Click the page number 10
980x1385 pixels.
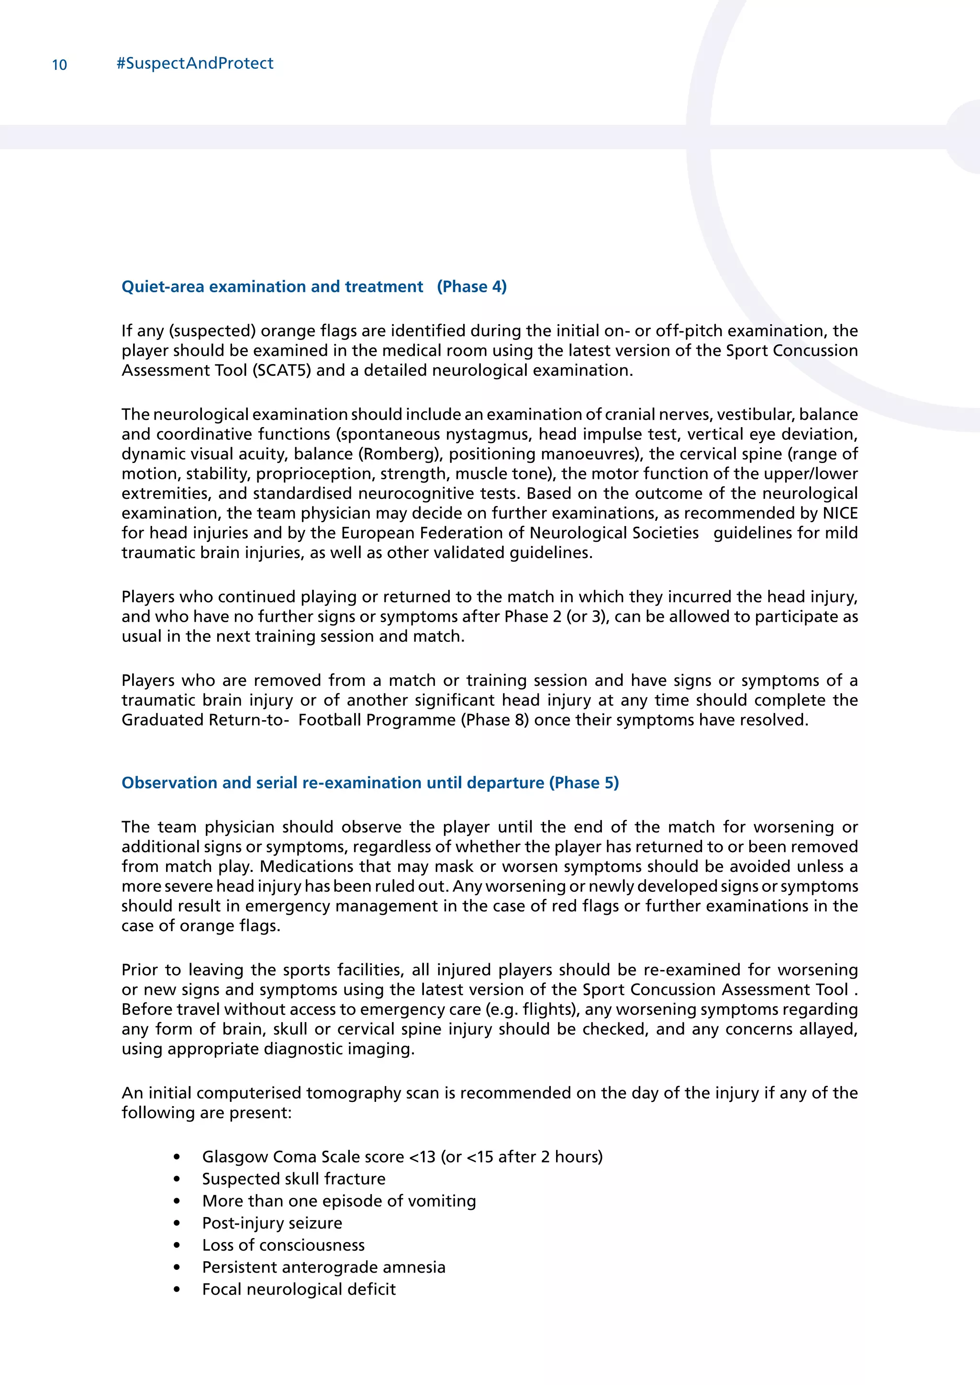pos(59,65)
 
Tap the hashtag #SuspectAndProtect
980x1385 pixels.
pos(194,63)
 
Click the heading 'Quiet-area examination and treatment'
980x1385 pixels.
pos(272,286)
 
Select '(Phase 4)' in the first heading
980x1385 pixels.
pos(472,286)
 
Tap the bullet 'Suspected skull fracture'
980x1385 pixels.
pos(293,1179)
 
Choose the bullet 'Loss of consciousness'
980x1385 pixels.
pos(283,1245)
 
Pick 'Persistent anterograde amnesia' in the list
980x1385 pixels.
pos(323,1267)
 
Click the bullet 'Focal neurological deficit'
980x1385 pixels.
pos(299,1289)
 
